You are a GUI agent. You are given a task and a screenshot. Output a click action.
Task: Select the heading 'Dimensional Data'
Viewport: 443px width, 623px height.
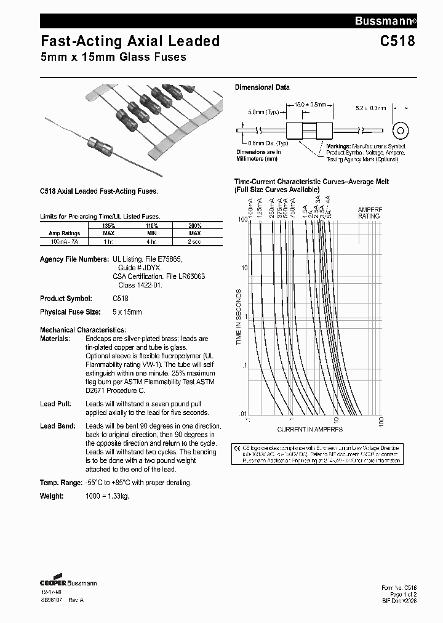pyautogui.click(x=262, y=87)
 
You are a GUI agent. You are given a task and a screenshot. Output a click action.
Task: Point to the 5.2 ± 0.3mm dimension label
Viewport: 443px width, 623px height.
pyautogui.click(x=370, y=108)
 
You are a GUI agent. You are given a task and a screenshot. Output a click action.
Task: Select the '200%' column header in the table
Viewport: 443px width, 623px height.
pyautogui.click(x=195, y=226)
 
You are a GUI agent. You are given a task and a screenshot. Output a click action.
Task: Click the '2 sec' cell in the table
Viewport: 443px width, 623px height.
pyautogui.click(x=195, y=241)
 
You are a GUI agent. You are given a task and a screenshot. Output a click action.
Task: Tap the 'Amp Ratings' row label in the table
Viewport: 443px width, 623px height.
pyautogui.click(x=65, y=234)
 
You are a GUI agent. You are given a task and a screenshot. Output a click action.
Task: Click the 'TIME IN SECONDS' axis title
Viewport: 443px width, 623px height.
pyautogui.click(x=239, y=316)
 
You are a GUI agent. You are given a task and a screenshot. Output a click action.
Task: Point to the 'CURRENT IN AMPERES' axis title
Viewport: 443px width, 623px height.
pyautogui.click(x=309, y=429)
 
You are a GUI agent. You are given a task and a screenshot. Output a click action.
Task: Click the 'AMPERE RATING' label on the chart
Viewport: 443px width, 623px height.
pyautogui.click(x=370, y=213)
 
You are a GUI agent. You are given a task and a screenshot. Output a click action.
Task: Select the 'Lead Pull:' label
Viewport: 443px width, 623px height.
pyautogui.click(x=57, y=404)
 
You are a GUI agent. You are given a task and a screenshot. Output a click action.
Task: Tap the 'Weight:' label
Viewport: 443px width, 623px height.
pyautogui.click(x=52, y=496)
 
